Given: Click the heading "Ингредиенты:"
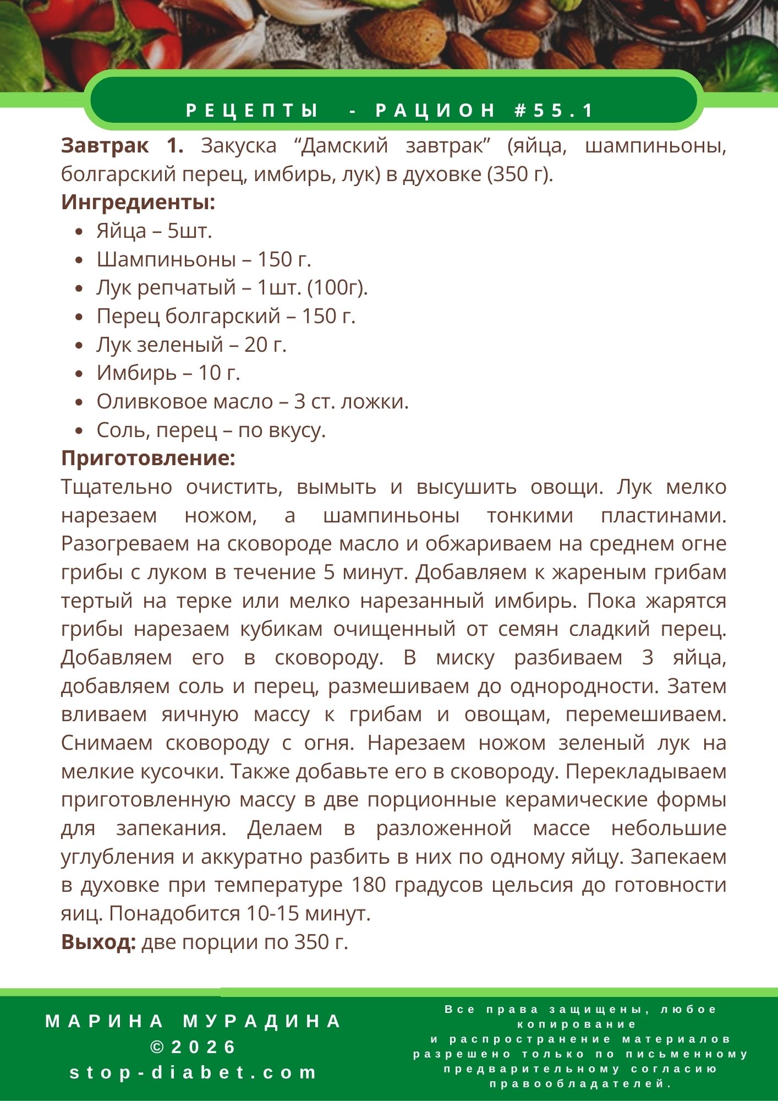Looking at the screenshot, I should (x=138, y=203).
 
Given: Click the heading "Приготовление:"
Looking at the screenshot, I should (x=148, y=458).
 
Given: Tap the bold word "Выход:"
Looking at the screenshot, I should (x=98, y=942).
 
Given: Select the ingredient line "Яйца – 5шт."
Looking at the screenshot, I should (x=154, y=231).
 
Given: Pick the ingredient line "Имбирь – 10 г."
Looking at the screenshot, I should (x=168, y=373).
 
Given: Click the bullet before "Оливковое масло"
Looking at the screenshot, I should (x=80, y=402).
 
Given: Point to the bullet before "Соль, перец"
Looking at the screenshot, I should (x=80, y=431).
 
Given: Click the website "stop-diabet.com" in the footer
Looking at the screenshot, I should (x=194, y=1072).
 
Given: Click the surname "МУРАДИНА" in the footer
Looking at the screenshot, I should (x=262, y=1021).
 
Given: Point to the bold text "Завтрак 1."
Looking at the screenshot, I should (x=122, y=146).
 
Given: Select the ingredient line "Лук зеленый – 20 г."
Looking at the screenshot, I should (x=191, y=345).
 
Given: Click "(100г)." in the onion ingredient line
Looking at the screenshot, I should (x=337, y=288).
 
